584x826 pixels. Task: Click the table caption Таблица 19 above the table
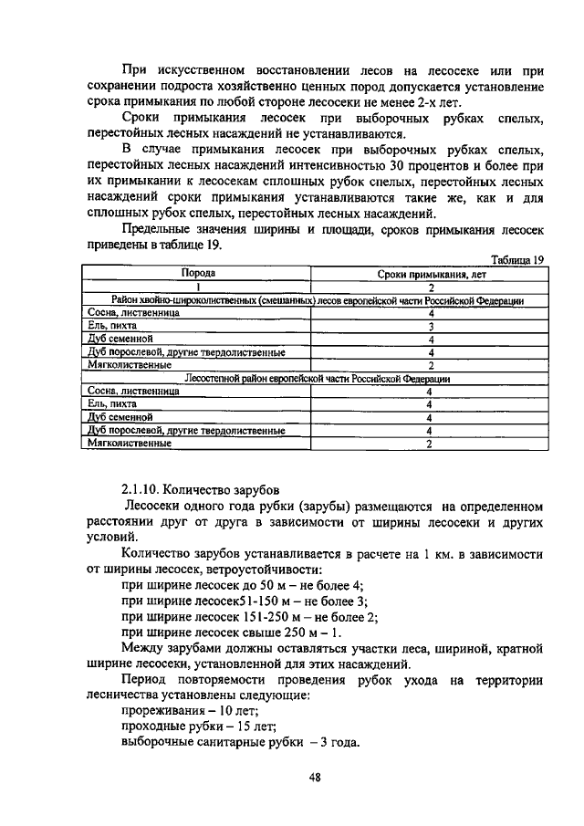(516, 259)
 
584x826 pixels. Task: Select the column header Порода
(197, 273)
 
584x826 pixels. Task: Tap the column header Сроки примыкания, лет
(429, 273)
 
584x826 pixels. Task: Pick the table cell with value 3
(429, 326)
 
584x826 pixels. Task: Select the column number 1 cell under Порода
(197, 286)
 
